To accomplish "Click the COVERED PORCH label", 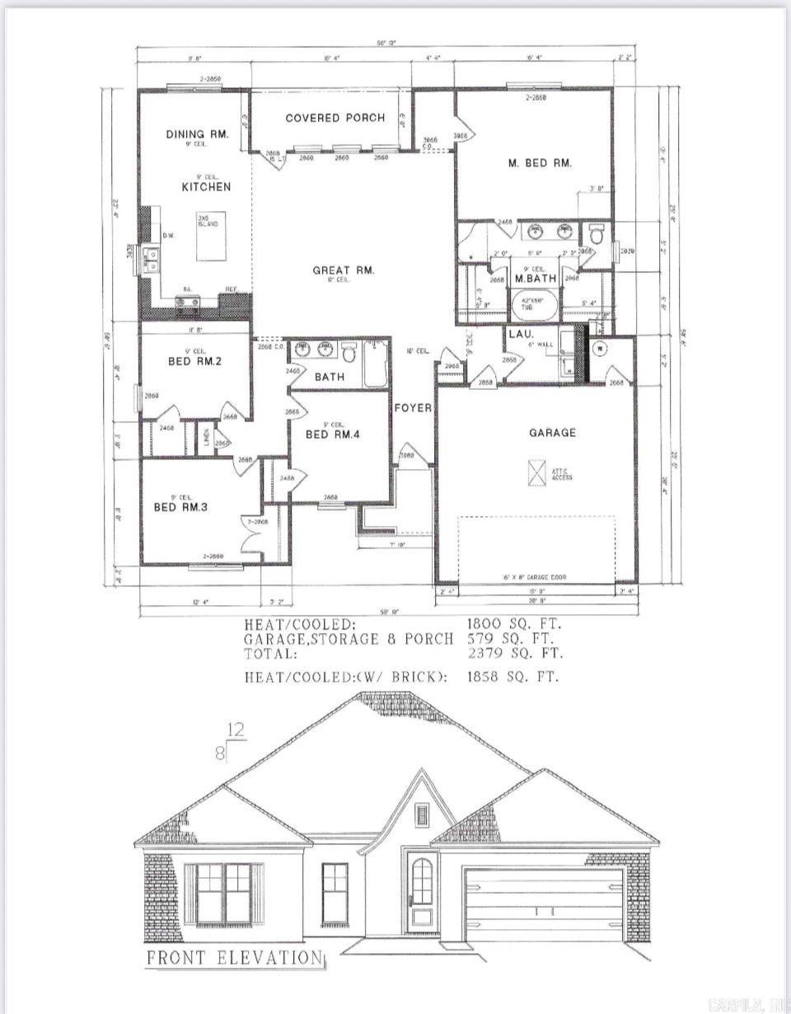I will pyautogui.click(x=335, y=118).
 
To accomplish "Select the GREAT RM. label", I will pyautogui.click(x=344, y=270).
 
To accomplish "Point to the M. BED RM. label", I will pyautogui.click(x=539, y=163).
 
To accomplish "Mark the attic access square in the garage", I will pyautogui.click(x=536, y=472).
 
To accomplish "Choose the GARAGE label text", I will pyautogui.click(x=552, y=433).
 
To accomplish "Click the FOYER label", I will pyautogui.click(x=413, y=407).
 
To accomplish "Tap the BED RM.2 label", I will pyautogui.click(x=194, y=361).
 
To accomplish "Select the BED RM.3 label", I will pyautogui.click(x=180, y=507).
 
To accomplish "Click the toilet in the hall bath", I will pyautogui.click(x=349, y=352).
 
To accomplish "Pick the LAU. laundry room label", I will pyautogui.click(x=521, y=335).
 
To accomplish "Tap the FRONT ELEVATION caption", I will pyautogui.click(x=234, y=958).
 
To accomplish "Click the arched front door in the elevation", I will pyautogui.click(x=422, y=890).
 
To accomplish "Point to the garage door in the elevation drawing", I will pyautogui.click(x=542, y=904).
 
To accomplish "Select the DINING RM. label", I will pyautogui.click(x=196, y=134).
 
